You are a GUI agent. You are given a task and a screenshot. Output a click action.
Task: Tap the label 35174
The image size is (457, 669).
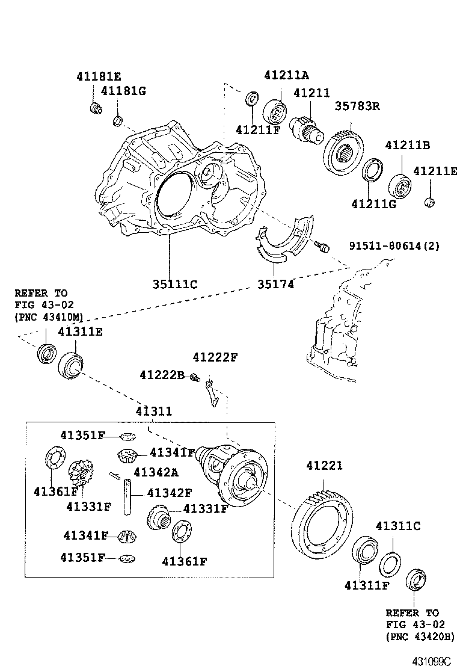(x=276, y=284)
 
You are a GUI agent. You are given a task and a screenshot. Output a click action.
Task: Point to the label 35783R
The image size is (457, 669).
(x=357, y=106)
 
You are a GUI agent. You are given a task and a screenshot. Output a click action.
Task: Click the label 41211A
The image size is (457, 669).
(x=286, y=75)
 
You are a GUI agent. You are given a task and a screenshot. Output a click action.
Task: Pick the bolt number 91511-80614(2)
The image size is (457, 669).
(x=401, y=246)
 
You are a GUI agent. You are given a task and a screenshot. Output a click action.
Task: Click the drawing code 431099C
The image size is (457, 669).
(x=431, y=661)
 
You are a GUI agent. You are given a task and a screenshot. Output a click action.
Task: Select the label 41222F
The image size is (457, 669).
(x=215, y=357)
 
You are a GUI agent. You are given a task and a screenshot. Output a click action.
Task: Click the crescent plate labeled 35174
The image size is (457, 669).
(x=283, y=241)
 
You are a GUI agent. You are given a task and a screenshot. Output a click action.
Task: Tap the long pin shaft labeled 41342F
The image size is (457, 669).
(x=127, y=496)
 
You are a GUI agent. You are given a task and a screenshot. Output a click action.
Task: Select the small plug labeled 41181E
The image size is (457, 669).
(x=94, y=108)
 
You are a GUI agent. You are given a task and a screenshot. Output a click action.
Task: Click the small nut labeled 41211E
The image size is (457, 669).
(x=429, y=202)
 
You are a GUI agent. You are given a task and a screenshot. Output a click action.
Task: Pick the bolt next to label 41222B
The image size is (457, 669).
(x=194, y=378)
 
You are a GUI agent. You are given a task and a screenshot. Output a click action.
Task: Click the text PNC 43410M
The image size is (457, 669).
(x=49, y=317)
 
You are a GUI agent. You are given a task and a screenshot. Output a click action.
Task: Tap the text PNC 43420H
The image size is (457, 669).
(x=420, y=636)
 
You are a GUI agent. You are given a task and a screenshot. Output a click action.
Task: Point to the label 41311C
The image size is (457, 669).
(x=397, y=526)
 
